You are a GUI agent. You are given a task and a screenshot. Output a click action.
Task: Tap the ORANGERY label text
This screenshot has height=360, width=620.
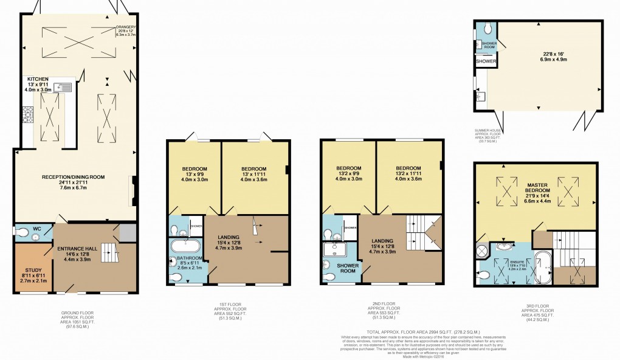(x=127, y=27)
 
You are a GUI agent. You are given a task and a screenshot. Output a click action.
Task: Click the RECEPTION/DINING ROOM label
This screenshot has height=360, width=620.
(x=73, y=177)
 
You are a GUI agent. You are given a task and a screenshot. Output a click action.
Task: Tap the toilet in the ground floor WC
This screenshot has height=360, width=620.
(x=22, y=232)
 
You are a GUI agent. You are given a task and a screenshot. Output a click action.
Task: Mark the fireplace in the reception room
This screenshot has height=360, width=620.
(x=133, y=191)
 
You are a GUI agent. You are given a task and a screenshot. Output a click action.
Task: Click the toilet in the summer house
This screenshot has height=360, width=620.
(x=487, y=30)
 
